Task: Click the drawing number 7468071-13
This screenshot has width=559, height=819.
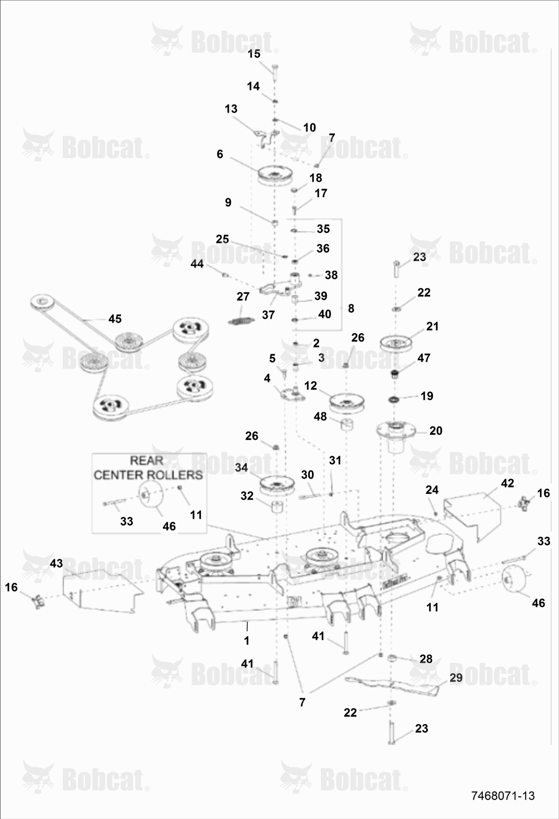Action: click(x=503, y=795)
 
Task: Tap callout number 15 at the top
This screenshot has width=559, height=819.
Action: click(x=254, y=54)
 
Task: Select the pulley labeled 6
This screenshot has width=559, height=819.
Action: click(x=275, y=176)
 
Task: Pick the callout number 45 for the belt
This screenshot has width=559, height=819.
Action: click(x=115, y=319)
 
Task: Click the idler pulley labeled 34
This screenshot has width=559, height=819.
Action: click(x=277, y=485)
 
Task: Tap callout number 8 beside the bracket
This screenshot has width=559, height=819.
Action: click(x=351, y=308)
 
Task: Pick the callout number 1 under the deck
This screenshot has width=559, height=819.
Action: click(x=247, y=640)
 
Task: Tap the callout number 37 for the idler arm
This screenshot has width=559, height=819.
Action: click(x=268, y=314)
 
